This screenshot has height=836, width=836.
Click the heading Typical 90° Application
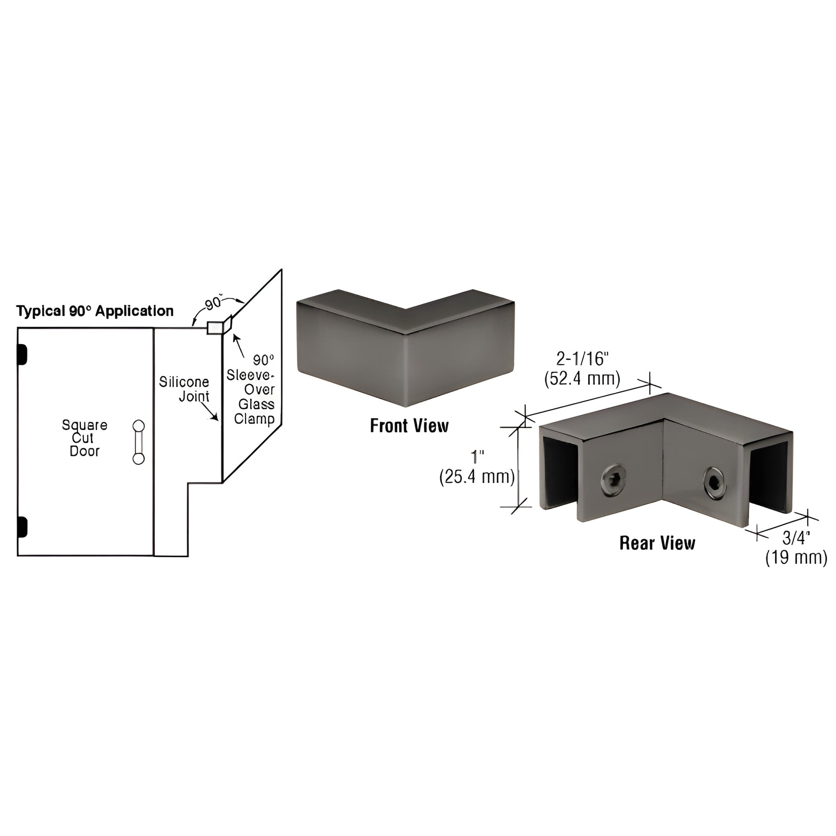point(95,311)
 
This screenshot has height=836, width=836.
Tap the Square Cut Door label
point(84,438)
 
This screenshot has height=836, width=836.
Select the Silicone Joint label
point(184,389)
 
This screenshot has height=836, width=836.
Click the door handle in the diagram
point(138,442)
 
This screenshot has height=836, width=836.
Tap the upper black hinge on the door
point(22,354)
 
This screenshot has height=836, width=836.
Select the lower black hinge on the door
point(22,528)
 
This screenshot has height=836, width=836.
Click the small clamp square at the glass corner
point(214,328)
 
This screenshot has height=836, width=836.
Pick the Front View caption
point(409,426)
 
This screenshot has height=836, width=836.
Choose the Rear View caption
point(657,543)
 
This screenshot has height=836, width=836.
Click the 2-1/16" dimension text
point(583,359)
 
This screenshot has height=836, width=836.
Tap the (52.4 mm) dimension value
point(582,378)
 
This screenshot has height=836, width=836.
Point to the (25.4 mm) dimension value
point(477,477)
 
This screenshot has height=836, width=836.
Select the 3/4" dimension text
point(796,538)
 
